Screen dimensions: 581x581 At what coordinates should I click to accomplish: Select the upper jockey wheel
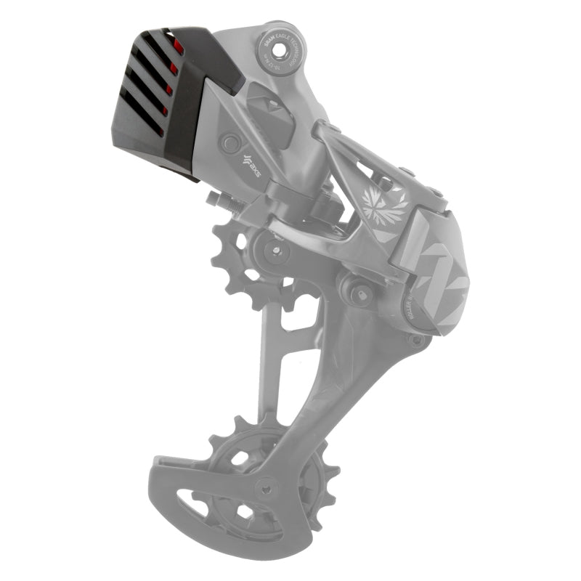(x=251, y=261)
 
